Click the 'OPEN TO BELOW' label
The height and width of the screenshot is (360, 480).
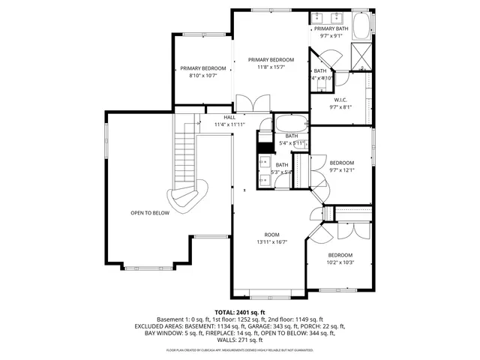pos(150,213)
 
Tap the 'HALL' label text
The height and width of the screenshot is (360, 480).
pos(229,117)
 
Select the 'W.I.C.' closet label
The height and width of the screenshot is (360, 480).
pos(340,100)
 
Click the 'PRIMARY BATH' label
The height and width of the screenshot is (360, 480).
pos(331,28)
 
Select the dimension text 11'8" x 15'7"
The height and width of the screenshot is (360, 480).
pos(271,67)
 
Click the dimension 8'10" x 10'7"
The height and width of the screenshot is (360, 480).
pos(196,75)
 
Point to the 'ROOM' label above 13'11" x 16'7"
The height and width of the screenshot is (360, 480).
pos(271,234)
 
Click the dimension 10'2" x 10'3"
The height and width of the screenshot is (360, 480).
pos(340,262)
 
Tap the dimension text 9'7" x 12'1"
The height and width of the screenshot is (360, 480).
pos(342,170)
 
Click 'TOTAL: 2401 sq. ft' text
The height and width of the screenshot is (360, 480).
pos(240,312)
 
